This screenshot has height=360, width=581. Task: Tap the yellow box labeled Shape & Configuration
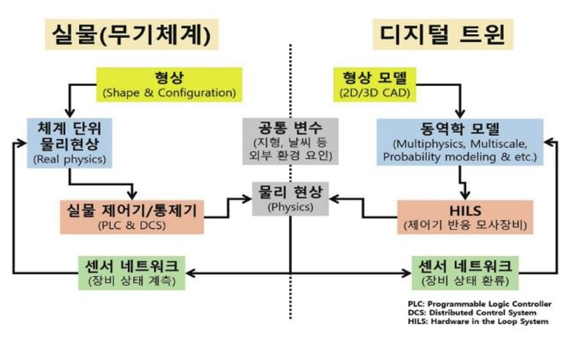(168, 83)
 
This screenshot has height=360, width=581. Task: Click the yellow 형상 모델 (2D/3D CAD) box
(372, 83)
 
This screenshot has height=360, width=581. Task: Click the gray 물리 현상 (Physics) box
(290, 198)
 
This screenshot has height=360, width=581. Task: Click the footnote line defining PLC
(477, 304)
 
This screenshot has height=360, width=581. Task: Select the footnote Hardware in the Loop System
(477, 321)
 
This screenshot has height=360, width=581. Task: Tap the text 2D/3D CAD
(372, 91)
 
